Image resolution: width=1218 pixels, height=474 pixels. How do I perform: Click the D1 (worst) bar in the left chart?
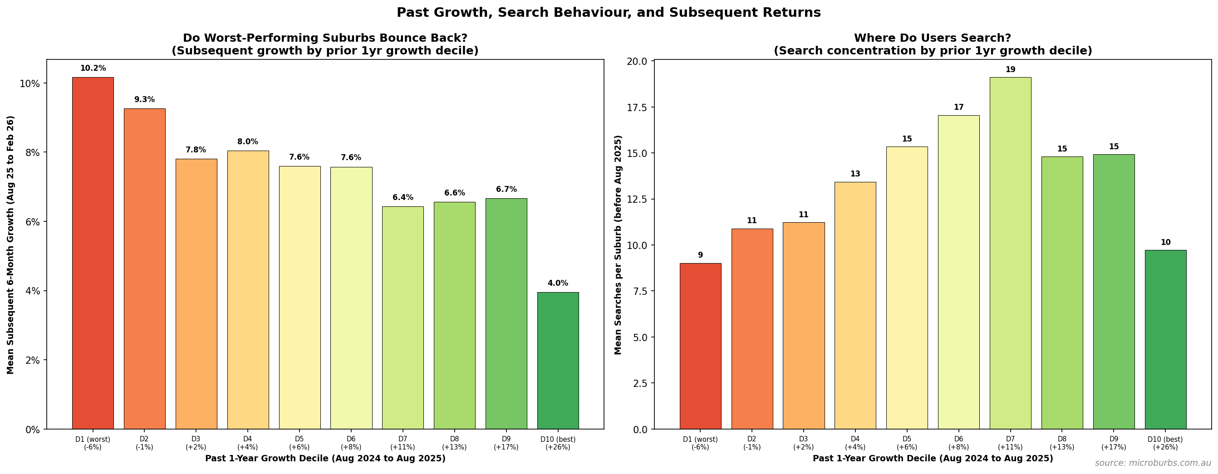[x=93, y=253]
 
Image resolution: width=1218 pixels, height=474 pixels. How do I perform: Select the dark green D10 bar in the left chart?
[x=557, y=361]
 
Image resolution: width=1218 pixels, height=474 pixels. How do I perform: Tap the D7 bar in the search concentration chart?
[x=1010, y=253]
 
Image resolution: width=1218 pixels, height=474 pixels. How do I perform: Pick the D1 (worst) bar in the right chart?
[x=700, y=346]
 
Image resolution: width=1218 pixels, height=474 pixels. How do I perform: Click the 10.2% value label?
[x=93, y=68]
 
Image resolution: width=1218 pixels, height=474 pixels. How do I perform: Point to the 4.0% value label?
[x=557, y=283]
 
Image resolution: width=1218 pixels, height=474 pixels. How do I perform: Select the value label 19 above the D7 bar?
[x=1010, y=69]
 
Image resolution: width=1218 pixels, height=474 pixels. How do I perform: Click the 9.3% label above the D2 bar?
[x=144, y=99]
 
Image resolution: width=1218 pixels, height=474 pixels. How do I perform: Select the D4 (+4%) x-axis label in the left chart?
[x=247, y=443]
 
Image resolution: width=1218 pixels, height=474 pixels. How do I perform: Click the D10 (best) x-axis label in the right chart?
[x=1165, y=443]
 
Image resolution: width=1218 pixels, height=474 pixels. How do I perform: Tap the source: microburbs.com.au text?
[x=1152, y=463]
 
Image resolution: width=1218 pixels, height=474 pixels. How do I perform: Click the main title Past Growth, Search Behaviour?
[x=609, y=13]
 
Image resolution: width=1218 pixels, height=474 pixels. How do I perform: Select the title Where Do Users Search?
[x=933, y=38]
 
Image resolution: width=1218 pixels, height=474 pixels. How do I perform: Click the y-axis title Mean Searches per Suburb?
[x=618, y=245]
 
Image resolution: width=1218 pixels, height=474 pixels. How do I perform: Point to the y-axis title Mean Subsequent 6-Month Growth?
[x=10, y=245]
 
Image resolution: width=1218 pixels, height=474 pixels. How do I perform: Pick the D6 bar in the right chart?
[x=958, y=272]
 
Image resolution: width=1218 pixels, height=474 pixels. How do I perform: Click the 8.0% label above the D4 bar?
[x=247, y=142]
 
